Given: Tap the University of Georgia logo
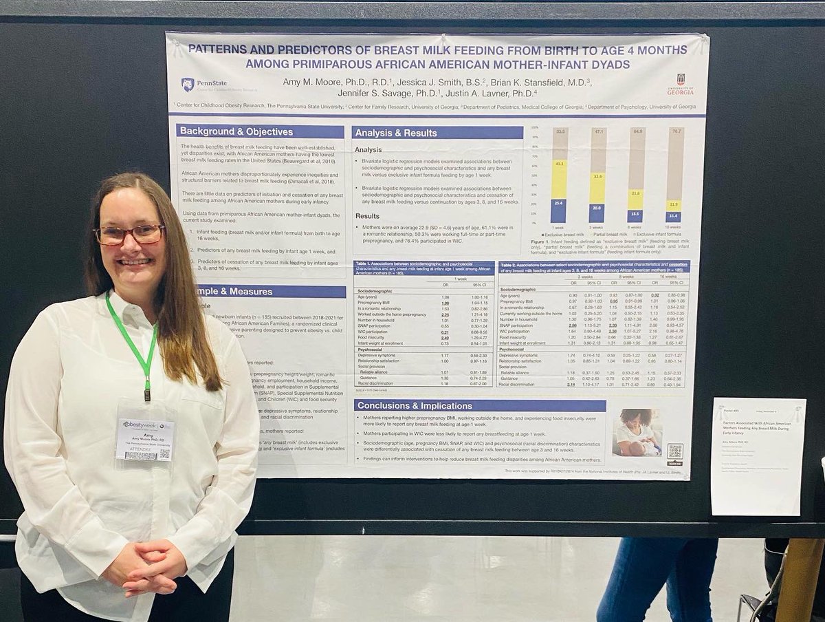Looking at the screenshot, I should [x=680, y=84].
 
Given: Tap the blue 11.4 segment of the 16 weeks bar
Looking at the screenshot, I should [x=674, y=217].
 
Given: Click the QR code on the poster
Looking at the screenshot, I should [x=674, y=451].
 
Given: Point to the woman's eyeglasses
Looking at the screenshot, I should [x=129, y=235].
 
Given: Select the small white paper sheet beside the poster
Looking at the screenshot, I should [x=758, y=456].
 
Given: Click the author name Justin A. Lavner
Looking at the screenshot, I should [x=492, y=93].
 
